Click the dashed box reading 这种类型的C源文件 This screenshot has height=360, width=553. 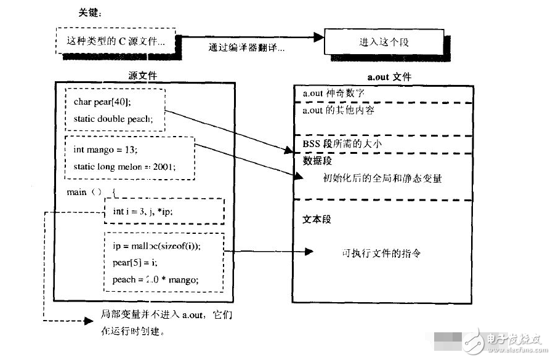pyautogui.click(x=115, y=42)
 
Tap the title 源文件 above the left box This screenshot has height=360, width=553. pyautogui.click(x=143, y=76)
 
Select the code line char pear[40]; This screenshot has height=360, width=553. pyautogui.click(x=102, y=102)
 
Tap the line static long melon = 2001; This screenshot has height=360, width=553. pyautogui.click(x=124, y=166)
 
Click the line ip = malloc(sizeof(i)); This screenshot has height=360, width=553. pyautogui.click(x=156, y=245)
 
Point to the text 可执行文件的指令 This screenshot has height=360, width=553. pyautogui.click(x=381, y=253)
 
